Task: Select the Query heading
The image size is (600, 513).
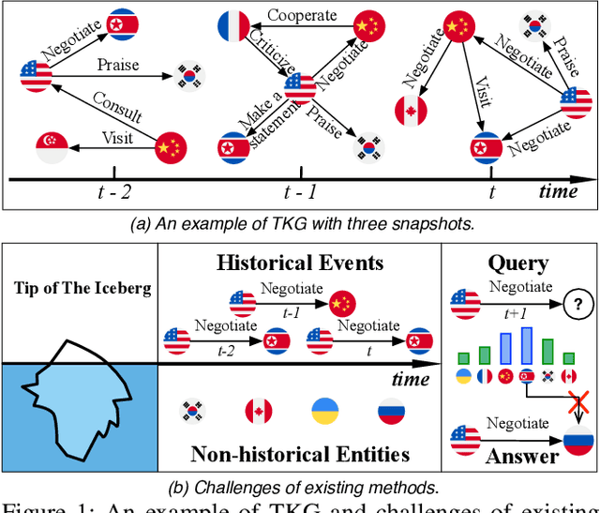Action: (518, 264)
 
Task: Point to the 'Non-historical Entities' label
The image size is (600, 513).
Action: (300, 455)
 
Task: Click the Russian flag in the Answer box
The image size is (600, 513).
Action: (573, 437)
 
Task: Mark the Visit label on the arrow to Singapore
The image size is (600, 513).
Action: (116, 138)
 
